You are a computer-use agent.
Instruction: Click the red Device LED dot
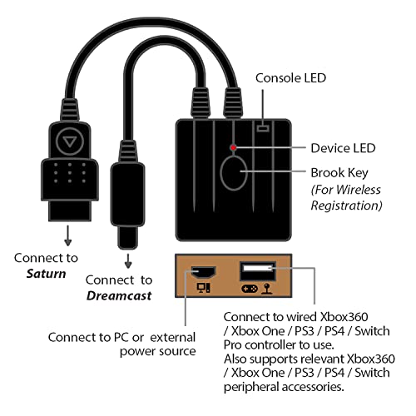pyautogui.click(x=235, y=148)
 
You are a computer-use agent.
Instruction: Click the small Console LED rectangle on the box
pyautogui.click(x=264, y=128)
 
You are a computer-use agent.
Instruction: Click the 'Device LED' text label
pyautogui.click(x=343, y=148)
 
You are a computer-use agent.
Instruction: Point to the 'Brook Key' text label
pyautogui.click(x=342, y=173)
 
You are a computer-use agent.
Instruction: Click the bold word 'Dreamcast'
pyautogui.click(x=119, y=295)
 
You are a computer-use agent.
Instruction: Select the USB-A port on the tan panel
pyautogui.click(x=255, y=271)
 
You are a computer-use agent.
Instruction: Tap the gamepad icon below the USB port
pyautogui.click(x=247, y=290)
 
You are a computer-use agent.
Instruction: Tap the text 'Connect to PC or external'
pyautogui.click(x=121, y=337)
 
